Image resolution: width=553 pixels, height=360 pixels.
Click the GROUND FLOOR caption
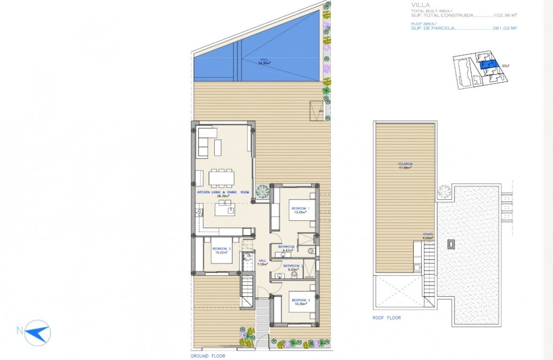[x=208, y=356]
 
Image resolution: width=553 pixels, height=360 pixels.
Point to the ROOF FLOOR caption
[x=386, y=318]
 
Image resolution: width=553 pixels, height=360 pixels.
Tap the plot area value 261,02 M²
[x=505, y=28]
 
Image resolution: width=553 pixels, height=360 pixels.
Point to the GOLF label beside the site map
[x=506, y=66]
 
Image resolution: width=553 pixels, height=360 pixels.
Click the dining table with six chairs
[x=222, y=178]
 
